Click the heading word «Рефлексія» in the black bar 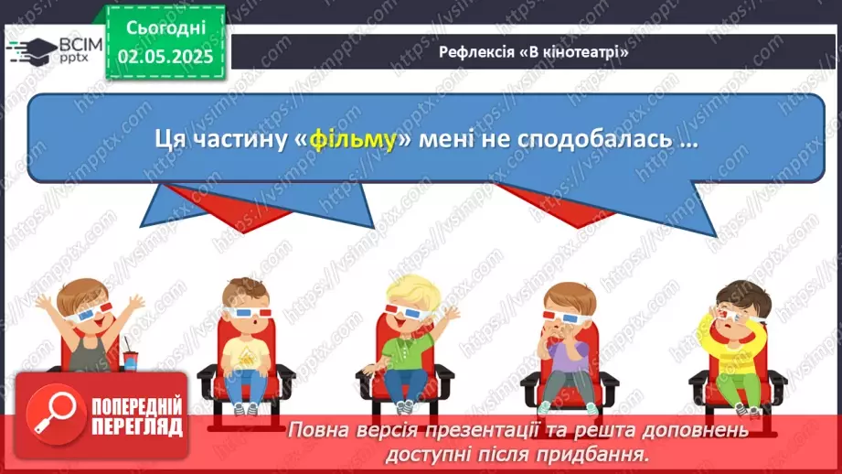pyautogui.click(x=477, y=52)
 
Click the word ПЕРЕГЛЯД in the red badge pyautogui.click(x=135, y=427)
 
